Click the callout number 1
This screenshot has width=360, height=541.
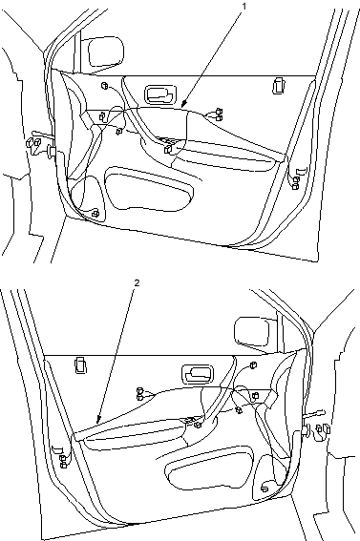[x=244, y=6]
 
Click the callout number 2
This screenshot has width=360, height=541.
[x=137, y=283]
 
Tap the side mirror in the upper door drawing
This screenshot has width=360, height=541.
[x=106, y=52]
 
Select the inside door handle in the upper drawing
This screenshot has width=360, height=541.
[x=160, y=94]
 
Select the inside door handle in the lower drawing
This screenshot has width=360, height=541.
[x=198, y=374]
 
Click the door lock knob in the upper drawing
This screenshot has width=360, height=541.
[x=278, y=86]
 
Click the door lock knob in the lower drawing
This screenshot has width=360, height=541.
[x=81, y=365]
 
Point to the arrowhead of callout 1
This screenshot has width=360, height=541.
[x=183, y=104]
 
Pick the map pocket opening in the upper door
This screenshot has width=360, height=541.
[x=148, y=188]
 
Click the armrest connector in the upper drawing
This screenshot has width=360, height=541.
[x=168, y=148]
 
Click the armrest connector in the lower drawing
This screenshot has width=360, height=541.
[x=198, y=425]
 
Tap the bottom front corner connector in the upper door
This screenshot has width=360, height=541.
[x=95, y=213]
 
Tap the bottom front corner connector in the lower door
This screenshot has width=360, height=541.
[x=265, y=488]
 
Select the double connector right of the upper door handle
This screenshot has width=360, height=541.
[x=218, y=114]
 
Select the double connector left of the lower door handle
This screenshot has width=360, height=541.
[x=140, y=394]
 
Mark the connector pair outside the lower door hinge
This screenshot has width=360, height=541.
[x=324, y=428]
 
